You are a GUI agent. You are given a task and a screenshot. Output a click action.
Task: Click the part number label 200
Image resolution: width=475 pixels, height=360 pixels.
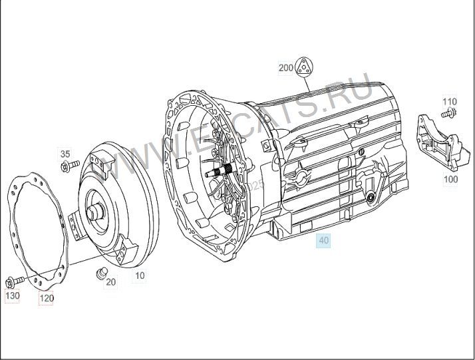285,68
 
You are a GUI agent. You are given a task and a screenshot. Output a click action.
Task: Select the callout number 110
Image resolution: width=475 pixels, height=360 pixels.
450,102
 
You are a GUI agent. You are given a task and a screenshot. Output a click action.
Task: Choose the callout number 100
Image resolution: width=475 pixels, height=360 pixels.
450,179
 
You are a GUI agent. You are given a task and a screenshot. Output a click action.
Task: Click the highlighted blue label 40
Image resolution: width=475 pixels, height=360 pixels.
324,241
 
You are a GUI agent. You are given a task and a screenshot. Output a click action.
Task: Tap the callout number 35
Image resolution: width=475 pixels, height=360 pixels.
65,154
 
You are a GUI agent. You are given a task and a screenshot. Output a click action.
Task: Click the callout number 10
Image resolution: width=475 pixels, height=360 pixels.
140,275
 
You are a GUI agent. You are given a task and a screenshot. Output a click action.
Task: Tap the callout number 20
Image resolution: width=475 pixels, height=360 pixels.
110,282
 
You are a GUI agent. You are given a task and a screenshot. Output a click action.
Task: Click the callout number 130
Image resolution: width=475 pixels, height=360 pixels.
13,295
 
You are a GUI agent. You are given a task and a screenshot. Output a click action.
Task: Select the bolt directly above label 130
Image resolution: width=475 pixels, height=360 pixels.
13,281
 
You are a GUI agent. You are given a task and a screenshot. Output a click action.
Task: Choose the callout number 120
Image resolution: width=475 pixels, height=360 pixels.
46,298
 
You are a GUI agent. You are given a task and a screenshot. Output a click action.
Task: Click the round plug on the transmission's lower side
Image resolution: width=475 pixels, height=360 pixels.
369,198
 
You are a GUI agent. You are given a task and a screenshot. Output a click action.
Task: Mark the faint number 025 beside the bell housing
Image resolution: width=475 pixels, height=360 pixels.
255,188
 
